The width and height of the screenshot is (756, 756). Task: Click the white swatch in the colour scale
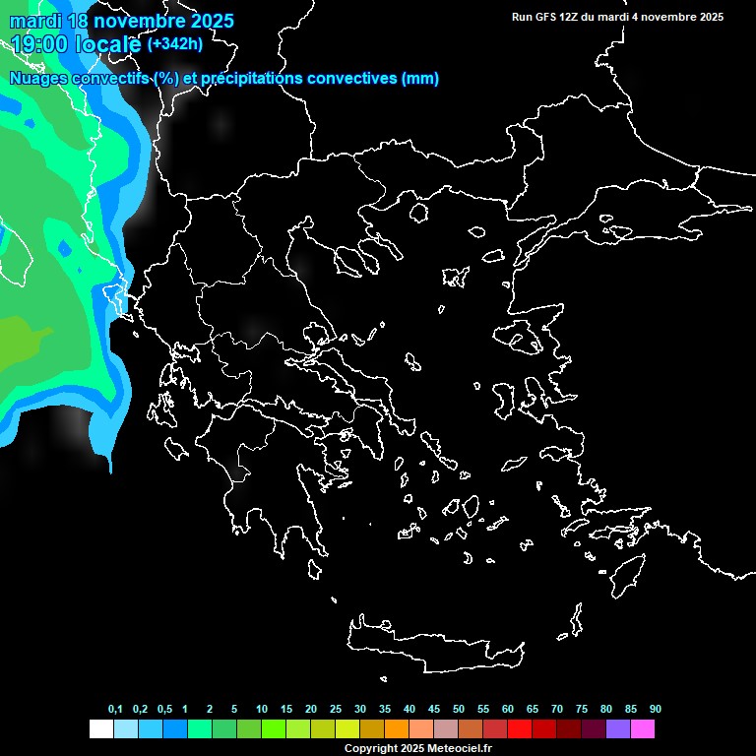[101, 728]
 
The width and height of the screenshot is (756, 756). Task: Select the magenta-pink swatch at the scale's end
[643, 728]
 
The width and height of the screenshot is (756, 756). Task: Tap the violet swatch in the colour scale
[618, 728]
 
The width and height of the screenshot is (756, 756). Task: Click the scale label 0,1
[115, 710]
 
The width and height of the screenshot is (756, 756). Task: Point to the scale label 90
[656, 710]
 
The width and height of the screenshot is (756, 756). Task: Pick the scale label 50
[459, 710]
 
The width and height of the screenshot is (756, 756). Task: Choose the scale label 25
[336, 710]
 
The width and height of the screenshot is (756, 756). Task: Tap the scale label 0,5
[164, 710]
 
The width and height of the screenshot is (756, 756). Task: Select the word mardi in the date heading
[33, 21]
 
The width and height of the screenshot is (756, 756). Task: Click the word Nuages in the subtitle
[37, 79]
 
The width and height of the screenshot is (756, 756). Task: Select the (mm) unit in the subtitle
[420, 79]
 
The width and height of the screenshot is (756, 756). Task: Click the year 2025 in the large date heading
[206, 21]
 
